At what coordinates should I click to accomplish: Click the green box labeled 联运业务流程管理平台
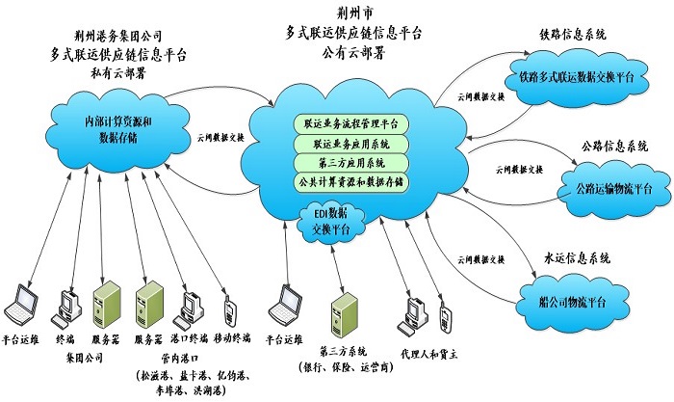pos(353,124)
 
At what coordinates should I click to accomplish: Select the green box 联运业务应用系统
pos(353,143)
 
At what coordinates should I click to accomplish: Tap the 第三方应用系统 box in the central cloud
pos(353,161)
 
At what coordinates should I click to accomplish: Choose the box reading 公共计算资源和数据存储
pos(353,180)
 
